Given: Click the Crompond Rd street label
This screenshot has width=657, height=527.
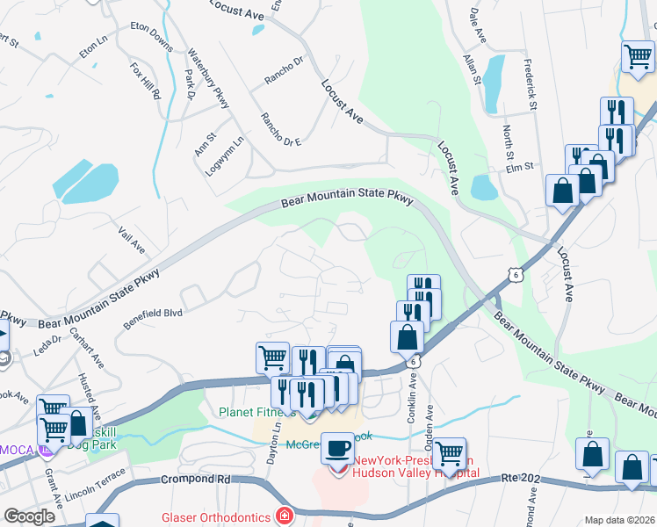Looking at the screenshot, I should (x=196, y=480).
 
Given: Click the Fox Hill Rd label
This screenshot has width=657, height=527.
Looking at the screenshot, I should (x=146, y=80).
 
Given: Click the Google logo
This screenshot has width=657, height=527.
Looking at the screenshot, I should (x=30, y=516).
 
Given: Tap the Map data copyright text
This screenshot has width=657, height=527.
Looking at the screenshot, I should (x=619, y=520).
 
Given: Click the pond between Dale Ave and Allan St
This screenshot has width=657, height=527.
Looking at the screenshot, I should (x=494, y=83).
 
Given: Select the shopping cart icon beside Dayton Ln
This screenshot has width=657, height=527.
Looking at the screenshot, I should (x=272, y=357).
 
